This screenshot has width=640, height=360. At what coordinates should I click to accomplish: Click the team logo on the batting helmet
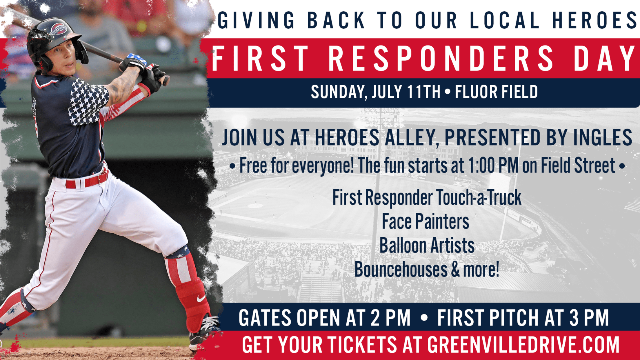click(x=58, y=29)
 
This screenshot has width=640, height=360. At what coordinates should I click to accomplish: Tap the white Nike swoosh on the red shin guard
click(x=201, y=298)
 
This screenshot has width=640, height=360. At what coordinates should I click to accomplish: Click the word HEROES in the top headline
click(x=594, y=20)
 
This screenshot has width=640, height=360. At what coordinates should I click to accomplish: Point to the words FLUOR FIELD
click(x=496, y=92)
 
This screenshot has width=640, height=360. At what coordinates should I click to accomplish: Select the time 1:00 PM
click(x=493, y=166)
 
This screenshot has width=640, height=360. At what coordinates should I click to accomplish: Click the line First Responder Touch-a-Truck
click(x=427, y=198)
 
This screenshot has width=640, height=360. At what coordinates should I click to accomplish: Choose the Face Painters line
click(x=425, y=222)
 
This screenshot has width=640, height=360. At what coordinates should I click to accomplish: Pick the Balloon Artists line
click(x=427, y=246)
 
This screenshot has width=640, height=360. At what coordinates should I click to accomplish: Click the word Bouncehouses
click(x=401, y=270)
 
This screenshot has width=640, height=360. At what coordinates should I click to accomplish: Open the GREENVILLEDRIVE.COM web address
click(x=523, y=345)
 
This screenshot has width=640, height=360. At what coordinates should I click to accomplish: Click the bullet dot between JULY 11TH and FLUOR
click(x=448, y=92)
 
